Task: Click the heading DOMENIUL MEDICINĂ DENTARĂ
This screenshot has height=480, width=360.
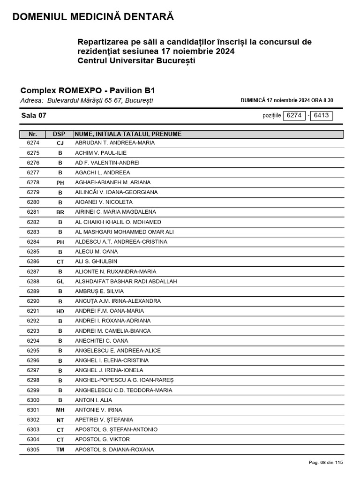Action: click(x=93, y=17)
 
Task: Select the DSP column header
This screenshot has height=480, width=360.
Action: click(x=59, y=134)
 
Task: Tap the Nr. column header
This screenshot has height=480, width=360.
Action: click(x=33, y=134)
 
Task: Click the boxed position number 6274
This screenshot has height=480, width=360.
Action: click(x=294, y=115)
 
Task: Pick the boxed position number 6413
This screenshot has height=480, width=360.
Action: click(x=321, y=115)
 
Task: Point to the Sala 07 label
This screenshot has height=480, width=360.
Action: click(x=34, y=116)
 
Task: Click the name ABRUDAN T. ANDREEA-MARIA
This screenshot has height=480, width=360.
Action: click(x=115, y=143)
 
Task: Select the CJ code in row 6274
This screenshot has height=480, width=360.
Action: click(x=60, y=143)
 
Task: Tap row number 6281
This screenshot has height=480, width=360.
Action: click(x=33, y=212)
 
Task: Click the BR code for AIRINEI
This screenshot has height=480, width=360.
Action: click(x=60, y=212)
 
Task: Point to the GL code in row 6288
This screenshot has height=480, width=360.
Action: click(x=60, y=282)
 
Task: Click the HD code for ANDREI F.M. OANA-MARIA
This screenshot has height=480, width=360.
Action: click(x=60, y=311)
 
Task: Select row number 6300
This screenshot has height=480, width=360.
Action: click(x=33, y=400)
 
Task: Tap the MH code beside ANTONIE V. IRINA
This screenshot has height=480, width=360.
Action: click(x=60, y=410)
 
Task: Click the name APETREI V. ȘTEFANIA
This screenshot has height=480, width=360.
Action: click(x=104, y=420)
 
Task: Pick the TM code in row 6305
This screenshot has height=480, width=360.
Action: click(x=60, y=450)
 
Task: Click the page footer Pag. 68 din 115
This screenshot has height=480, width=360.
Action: click(x=326, y=463)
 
